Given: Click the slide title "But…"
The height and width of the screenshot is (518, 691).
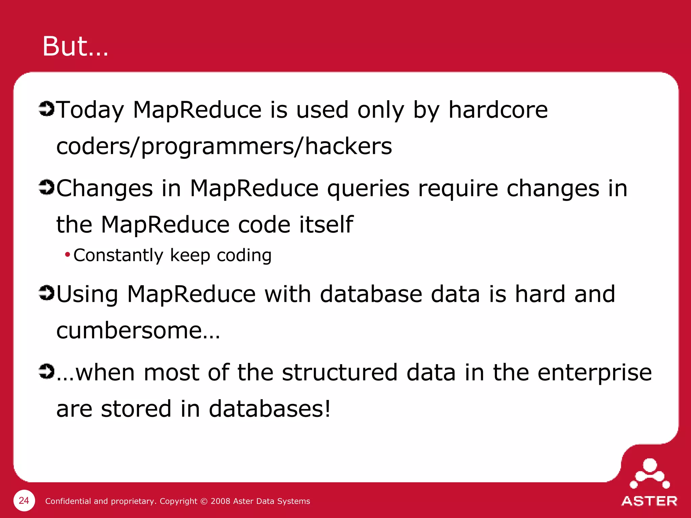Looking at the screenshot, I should [x=75, y=47].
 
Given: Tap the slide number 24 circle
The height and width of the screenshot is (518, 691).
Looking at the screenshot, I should [x=24, y=500].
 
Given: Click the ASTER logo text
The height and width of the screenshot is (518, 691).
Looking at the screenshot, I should [x=649, y=501].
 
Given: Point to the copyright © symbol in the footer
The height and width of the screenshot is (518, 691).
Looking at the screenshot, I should [x=204, y=501].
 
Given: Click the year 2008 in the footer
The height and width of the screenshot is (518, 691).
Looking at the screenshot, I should [x=220, y=501].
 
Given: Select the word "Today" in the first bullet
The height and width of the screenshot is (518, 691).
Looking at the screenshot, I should [x=90, y=110].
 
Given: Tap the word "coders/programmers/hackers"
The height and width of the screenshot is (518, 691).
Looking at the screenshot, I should [x=224, y=147].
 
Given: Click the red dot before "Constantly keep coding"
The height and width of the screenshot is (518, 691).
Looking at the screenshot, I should [x=67, y=254].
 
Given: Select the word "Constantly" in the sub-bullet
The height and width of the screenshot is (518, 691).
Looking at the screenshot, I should [x=118, y=255].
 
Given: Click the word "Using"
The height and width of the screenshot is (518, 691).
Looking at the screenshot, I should [x=87, y=294].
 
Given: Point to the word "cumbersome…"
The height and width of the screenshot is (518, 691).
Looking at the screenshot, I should [x=138, y=330].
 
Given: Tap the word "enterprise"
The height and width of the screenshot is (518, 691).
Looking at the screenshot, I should [x=595, y=373].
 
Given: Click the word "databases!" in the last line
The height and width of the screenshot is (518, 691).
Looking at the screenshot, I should [x=270, y=409].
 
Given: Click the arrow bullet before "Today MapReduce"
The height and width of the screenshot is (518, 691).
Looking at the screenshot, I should [x=46, y=109].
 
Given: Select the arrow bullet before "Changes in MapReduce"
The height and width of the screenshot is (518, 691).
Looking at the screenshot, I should [x=46, y=187].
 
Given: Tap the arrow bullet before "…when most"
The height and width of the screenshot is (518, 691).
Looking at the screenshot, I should [x=46, y=371].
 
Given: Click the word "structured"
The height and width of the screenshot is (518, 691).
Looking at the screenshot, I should [x=339, y=373].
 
